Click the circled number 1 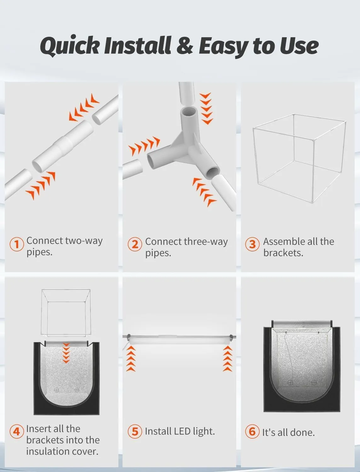coord(17,244)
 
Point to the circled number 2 coord(135,244)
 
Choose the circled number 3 coord(252,244)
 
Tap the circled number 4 coord(17,432)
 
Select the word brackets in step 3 coord(283,253)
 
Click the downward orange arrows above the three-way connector coord(206,109)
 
